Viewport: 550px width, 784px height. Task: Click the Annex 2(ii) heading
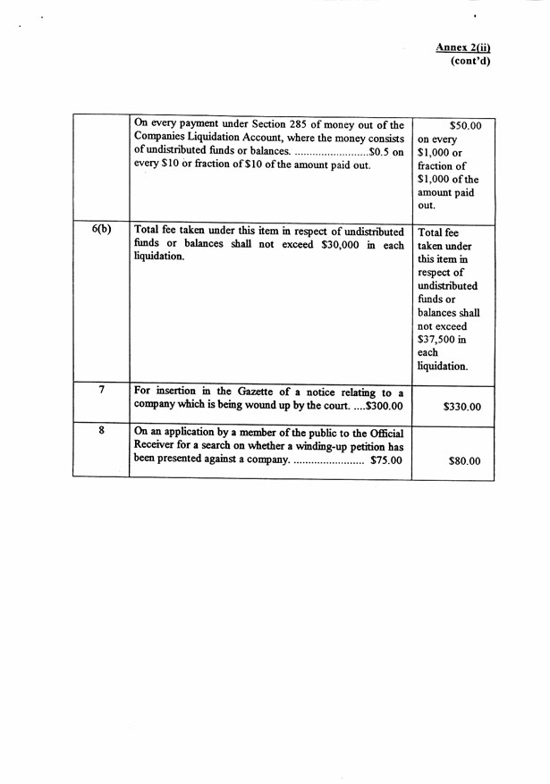(463, 46)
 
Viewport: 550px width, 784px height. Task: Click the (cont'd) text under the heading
(470, 61)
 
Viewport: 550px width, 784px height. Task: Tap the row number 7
(102, 390)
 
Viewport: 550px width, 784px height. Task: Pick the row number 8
(102, 430)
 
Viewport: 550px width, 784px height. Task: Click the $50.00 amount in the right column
(465, 126)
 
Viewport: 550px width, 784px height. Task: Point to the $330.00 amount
(461, 407)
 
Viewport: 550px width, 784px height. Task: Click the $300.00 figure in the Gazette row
(385, 406)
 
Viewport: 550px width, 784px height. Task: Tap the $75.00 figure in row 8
(386, 460)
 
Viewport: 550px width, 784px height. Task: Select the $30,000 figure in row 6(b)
(327, 245)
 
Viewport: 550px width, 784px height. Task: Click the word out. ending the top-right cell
(427, 206)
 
